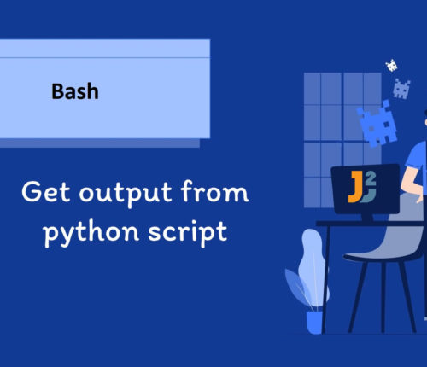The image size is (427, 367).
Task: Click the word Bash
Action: [x=75, y=91]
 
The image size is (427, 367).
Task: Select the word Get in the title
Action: [x=45, y=192]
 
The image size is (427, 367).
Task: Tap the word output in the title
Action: [x=126, y=194]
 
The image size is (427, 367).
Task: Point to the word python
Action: [x=91, y=233]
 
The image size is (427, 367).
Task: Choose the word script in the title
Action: [x=188, y=233]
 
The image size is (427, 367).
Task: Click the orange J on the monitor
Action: [x=355, y=187]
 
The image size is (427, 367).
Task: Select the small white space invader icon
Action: [x=392, y=66]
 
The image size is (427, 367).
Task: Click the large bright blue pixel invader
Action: [x=376, y=124]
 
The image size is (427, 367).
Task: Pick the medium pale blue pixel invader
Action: [x=401, y=89]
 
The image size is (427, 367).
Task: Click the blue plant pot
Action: [x=314, y=323]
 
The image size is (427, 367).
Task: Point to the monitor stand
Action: [x=367, y=218]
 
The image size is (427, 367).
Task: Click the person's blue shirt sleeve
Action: [x=416, y=156]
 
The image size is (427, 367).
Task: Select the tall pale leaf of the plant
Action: [x=313, y=267]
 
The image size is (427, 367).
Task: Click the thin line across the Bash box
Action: [x=105, y=58]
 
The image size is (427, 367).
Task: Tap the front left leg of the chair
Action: [x=358, y=297]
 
